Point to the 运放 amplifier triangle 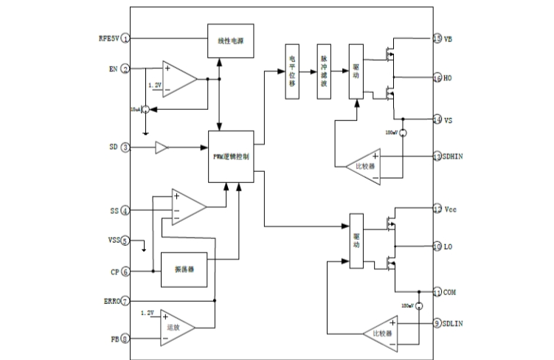point(176,327)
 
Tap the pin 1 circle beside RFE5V point(126,38)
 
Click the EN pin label point(112,69)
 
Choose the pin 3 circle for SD point(126,148)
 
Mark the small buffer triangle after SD point(162,148)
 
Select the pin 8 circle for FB point(126,339)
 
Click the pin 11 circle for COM point(437,292)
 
